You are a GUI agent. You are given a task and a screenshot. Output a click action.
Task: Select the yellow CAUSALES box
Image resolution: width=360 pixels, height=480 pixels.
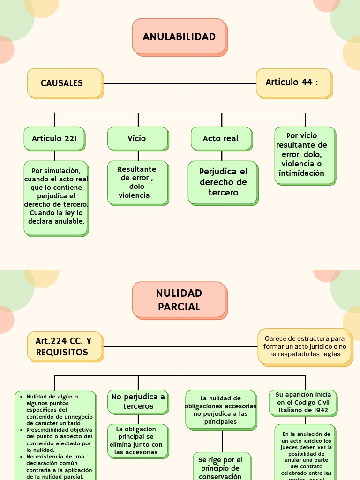coord(65,83)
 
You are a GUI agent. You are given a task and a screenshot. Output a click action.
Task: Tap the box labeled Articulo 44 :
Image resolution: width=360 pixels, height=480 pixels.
coord(293,82)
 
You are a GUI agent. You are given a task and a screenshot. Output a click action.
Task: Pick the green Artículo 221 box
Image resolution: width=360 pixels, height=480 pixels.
coord(54,138)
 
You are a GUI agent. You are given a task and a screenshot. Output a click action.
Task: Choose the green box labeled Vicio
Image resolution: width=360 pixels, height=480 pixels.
coord(137,138)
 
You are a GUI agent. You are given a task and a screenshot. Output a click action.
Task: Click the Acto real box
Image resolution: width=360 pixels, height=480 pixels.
coord(220,138)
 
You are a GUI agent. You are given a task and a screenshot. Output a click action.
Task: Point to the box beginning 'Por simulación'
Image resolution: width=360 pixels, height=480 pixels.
coord(56,197)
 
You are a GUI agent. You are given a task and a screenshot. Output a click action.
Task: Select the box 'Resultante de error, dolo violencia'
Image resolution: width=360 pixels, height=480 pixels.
coord(137,182)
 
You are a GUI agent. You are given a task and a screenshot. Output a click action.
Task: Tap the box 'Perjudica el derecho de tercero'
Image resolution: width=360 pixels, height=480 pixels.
coord(223,182)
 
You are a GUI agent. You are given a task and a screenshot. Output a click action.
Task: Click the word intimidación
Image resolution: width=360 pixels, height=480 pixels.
coord(301,173)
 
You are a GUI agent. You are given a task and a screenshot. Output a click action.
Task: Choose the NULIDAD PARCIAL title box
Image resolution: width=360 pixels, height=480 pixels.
coord(179,300)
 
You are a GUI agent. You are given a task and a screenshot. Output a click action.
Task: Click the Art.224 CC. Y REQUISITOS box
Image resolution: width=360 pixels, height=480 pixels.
coord(65,346)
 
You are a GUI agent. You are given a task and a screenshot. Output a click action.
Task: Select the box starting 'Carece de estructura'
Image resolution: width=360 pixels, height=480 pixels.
coord(305,346)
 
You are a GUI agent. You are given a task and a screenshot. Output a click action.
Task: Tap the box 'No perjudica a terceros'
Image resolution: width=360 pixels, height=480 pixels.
coord(138,401)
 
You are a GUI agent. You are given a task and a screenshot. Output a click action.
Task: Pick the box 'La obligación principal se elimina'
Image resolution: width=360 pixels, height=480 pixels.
coord(138,441)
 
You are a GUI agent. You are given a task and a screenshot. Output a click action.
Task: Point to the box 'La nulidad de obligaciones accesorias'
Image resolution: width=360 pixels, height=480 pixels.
coord(220,410)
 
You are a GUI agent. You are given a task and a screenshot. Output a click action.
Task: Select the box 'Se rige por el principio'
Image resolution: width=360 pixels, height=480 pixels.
coord(220,467)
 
